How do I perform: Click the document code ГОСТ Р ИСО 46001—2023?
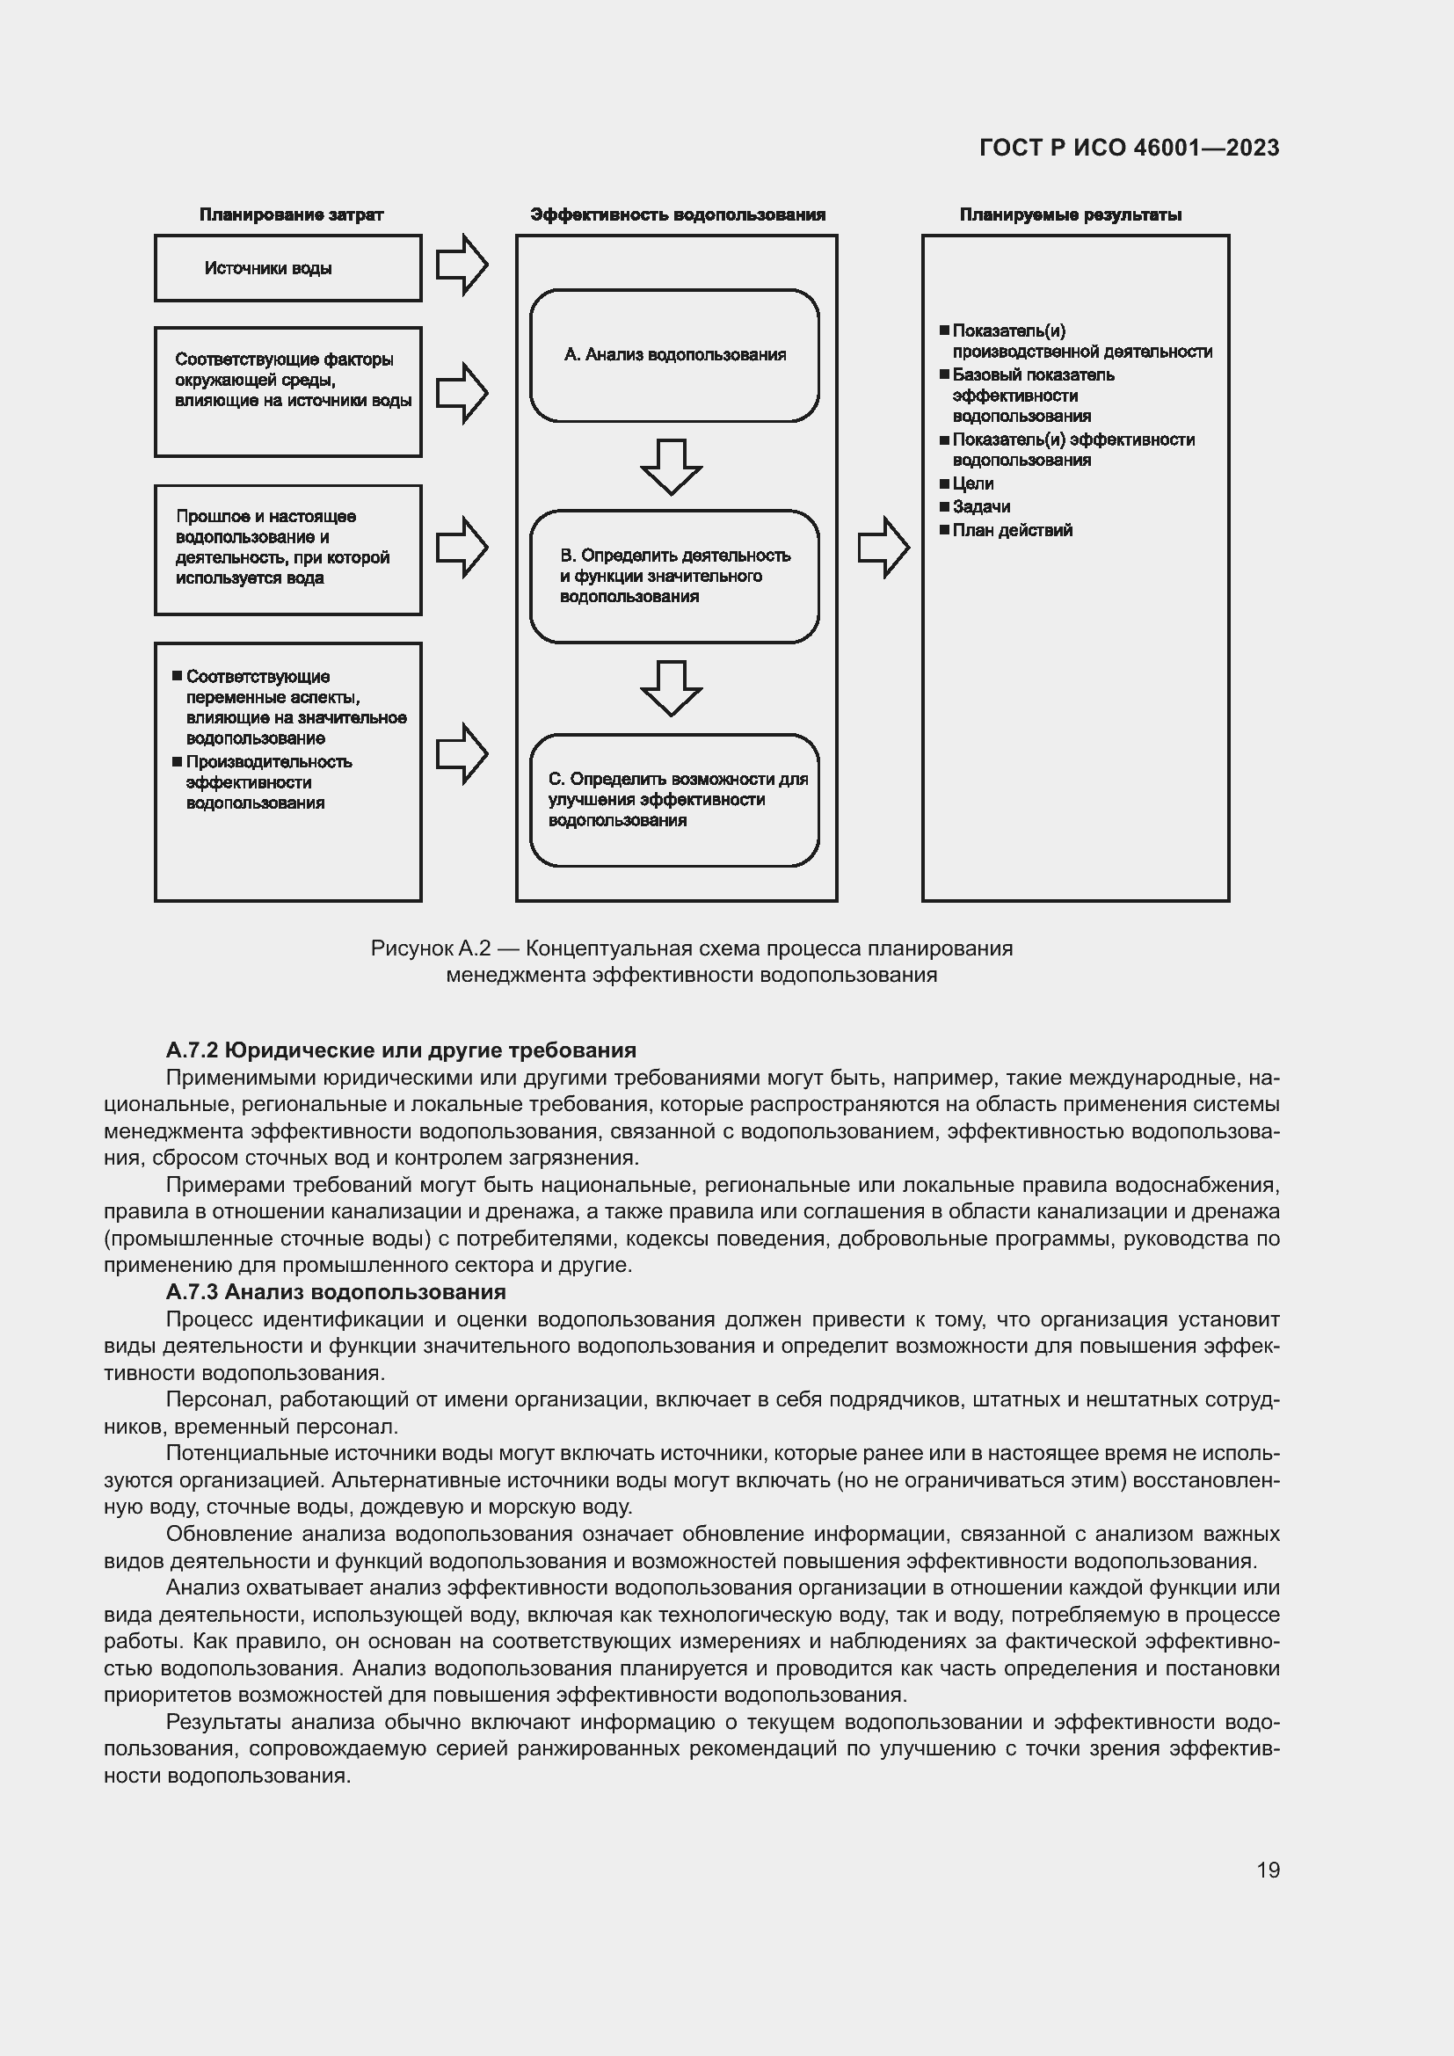(1129, 149)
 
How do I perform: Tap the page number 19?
(1268, 1870)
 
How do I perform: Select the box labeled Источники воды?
(287, 269)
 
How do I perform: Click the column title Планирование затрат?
(291, 214)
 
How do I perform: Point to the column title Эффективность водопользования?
(677, 214)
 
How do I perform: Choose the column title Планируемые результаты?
(1070, 214)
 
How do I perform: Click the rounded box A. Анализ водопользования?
(674, 355)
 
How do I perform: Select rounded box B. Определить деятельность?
(674, 577)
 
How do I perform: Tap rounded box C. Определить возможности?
(674, 800)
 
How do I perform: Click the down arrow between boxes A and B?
(671, 467)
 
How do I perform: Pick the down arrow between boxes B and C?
(671, 687)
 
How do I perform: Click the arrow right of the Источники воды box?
(462, 265)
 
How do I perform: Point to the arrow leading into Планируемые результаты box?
(883, 547)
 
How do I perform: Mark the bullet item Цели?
(972, 483)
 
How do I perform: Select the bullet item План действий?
(1012, 530)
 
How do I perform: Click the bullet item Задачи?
(980, 507)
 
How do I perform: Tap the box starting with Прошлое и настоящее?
(287, 549)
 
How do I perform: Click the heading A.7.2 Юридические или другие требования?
(400, 1050)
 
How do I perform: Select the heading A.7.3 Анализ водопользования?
(336, 1291)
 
